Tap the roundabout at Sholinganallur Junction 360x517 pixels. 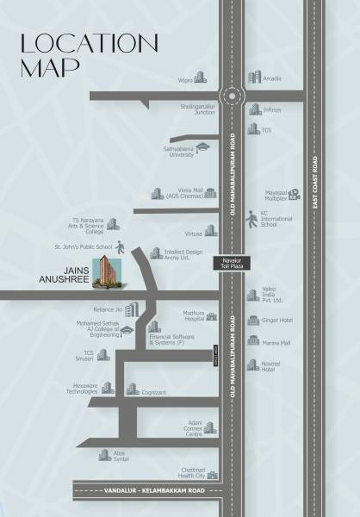(231, 96)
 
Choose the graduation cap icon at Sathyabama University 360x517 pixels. (203, 148)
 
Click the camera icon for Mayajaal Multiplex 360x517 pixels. (295, 193)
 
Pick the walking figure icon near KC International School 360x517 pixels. (251, 219)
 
